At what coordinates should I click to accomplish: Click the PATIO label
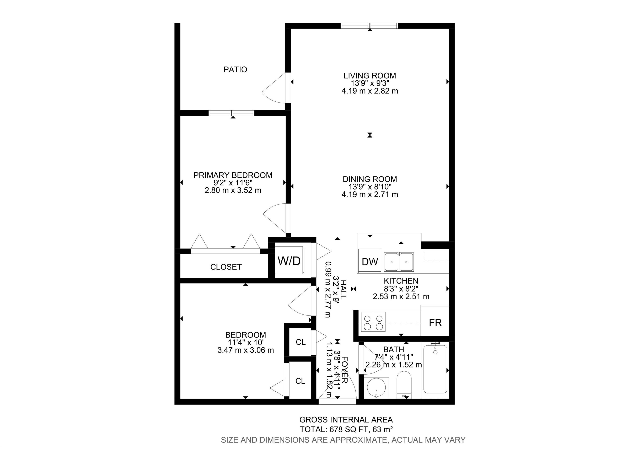(235, 69)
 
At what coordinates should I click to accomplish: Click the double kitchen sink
(399, 262)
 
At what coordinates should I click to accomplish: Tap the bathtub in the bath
(435, 368)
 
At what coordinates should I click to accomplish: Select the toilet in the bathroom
(404, 385)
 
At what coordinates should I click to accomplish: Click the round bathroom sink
(376, 387)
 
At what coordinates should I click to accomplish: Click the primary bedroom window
(232, 113)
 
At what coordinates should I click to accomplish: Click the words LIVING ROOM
(370, 76)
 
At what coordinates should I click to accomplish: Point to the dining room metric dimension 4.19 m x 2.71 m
(370, 194)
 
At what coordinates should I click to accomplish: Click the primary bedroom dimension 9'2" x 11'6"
(233, 183)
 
